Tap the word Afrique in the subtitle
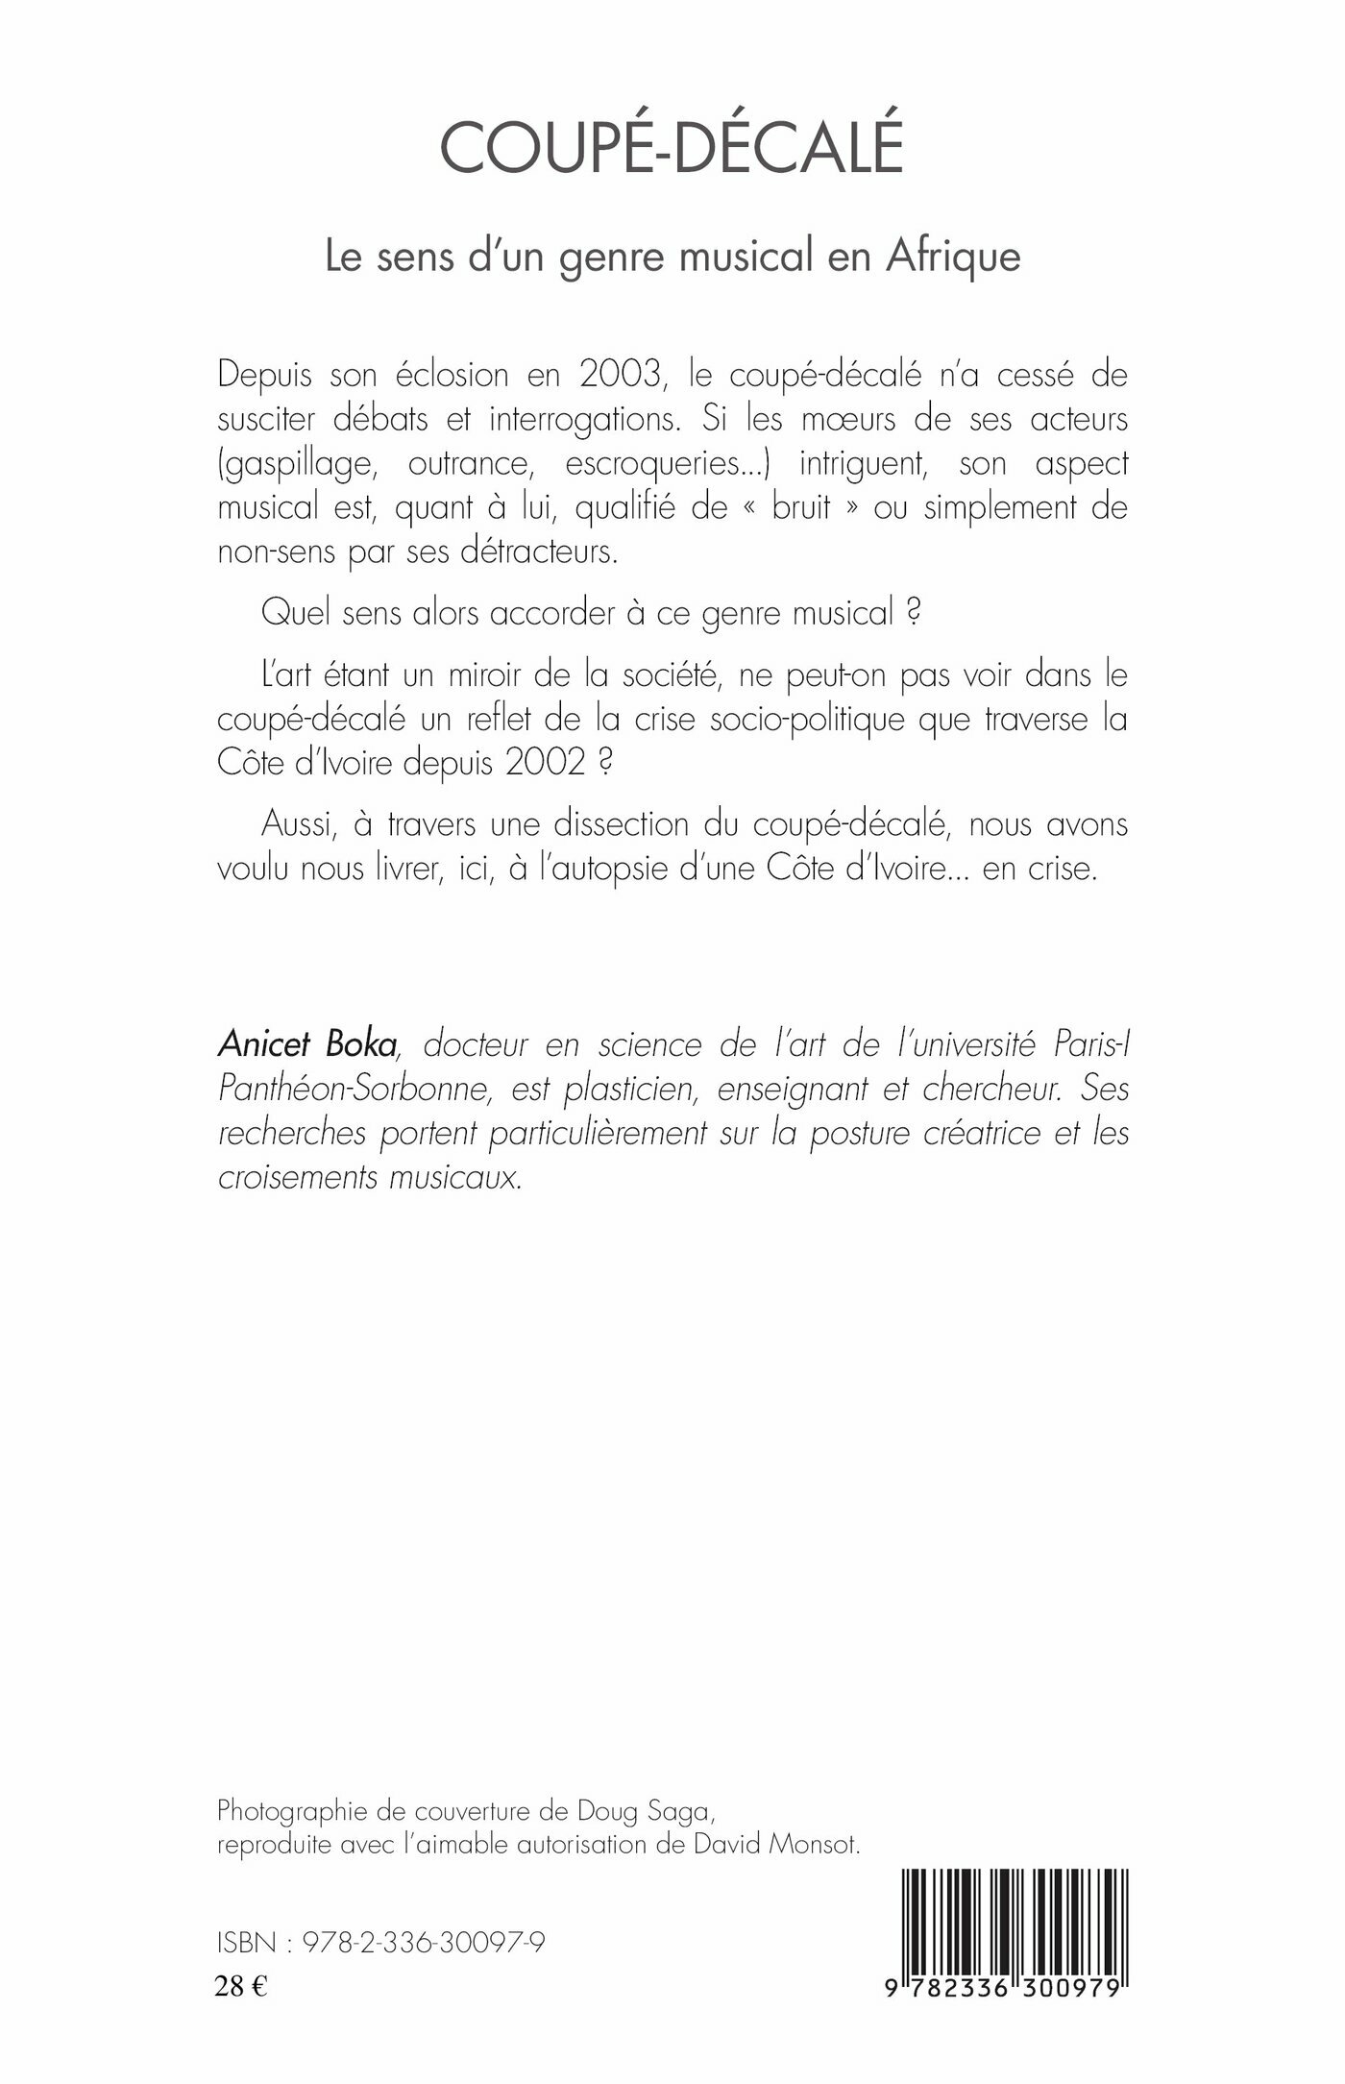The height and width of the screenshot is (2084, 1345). (953, 257)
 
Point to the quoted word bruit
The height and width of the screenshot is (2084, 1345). (801, 507)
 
